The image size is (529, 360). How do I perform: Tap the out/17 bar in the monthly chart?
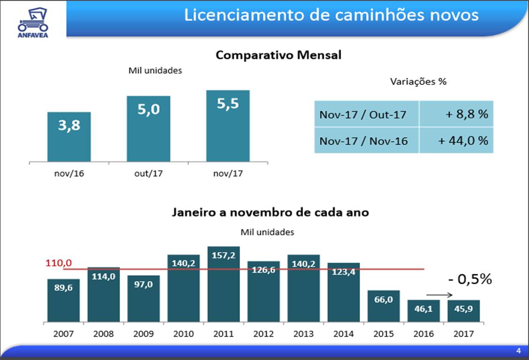148,129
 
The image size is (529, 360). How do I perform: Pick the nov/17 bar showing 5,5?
228,126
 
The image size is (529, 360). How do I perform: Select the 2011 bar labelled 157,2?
224,284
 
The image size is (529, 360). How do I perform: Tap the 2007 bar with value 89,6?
63,300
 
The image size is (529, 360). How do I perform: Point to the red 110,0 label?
55,263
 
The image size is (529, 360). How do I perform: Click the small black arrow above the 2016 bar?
440,295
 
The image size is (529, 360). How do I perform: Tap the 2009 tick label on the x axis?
143,334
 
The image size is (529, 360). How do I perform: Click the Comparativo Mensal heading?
278,55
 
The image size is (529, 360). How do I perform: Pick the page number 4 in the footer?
518,351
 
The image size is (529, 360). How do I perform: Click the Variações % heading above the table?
418,82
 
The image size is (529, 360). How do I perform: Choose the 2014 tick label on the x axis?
343,334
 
